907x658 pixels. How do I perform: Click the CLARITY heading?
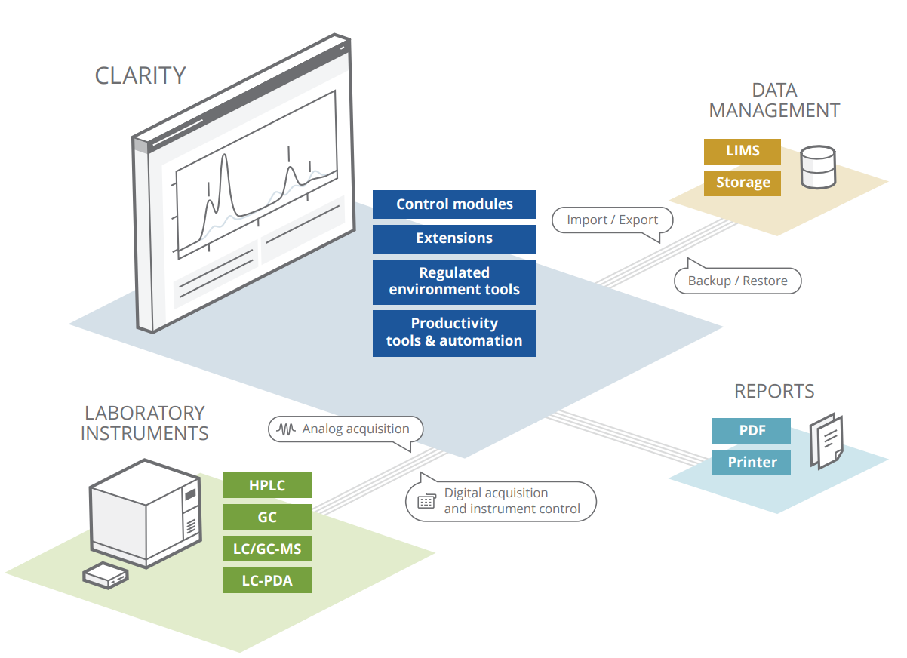tap(140, 75)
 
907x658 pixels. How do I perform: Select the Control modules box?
tap(454, 204)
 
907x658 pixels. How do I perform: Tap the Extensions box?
tap(454, 238)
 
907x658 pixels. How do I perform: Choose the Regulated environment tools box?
tap(454, 281)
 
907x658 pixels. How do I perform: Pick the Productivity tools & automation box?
tap(454, 332)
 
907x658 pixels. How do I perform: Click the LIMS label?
tap(743, 151)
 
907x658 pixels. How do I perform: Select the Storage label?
tap(743, 183)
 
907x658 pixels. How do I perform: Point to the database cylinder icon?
tap(817, 167)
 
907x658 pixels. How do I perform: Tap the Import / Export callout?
tap(612, 220)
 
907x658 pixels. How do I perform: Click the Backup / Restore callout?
tap(737, 281)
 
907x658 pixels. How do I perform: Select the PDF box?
tap(752, 431)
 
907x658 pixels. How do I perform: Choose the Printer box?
tap(752, 463)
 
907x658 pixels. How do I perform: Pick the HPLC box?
tap(267, 485)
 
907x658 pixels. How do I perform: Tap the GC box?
tap(267, 518)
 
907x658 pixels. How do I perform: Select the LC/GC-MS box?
tap(267, 549)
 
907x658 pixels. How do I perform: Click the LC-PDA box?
tap(267, 581)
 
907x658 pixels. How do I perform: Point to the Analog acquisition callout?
tap(346, 429)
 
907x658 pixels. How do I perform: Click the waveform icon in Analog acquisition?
tap(287, 429)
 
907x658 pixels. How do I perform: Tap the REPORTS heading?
tap(774, 391)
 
